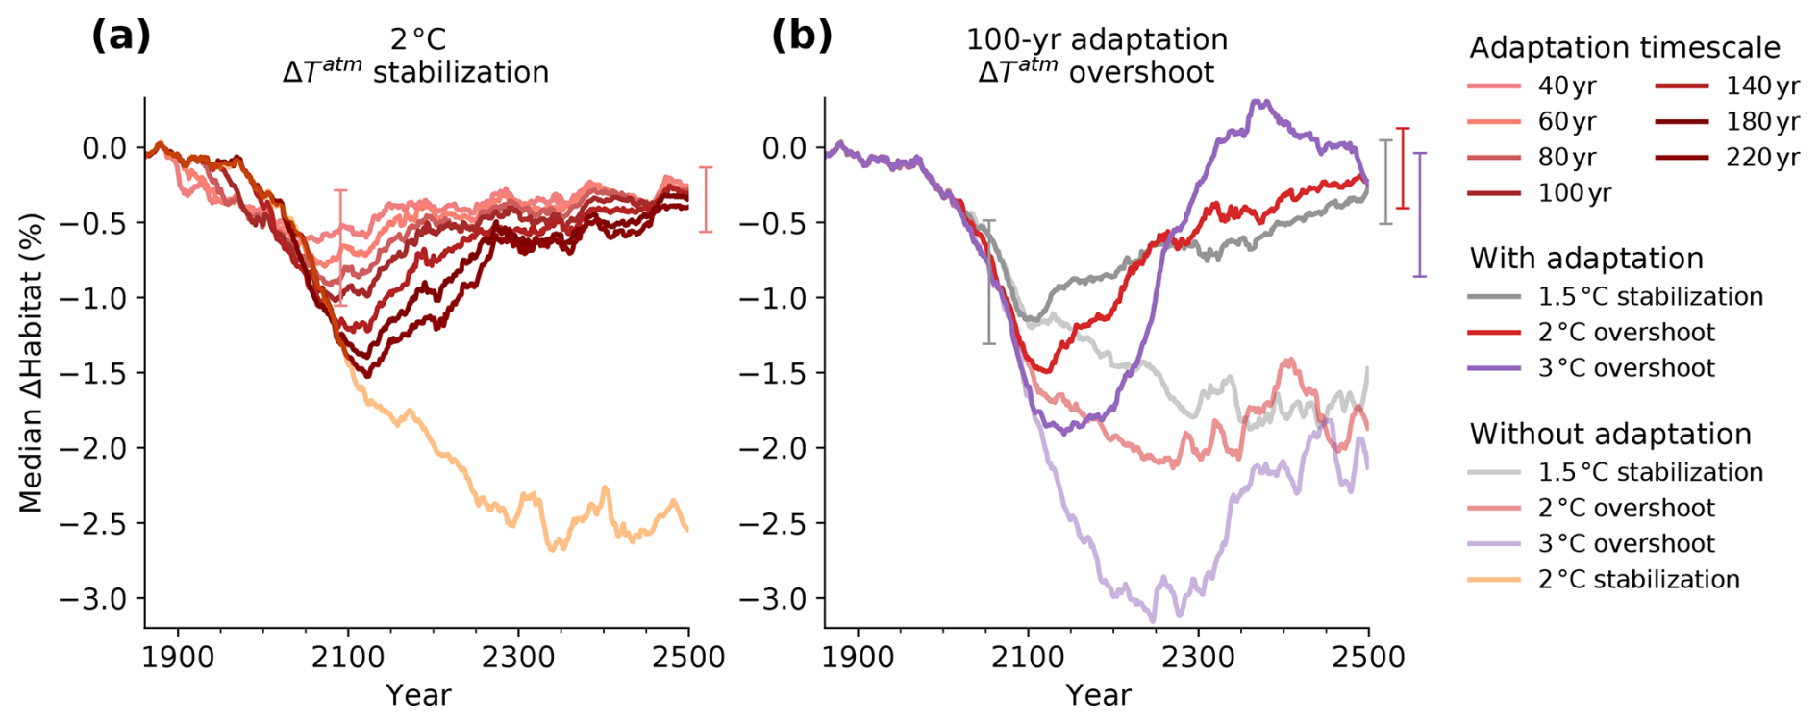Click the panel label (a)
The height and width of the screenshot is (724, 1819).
pyautogui.click(x=121, y=37)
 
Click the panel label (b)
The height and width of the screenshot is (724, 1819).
pyautogui.click(x=801, y=37)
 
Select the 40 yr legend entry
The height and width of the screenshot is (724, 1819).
pyautogui.click(x=1566, y=87)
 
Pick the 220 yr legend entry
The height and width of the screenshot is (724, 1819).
pyautogui.click(x=1762, y=158)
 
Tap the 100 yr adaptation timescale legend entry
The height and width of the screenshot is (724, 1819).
pyautogui.click(x=1574, y=193)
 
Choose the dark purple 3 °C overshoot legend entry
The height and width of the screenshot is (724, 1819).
pyautogui.click(x=1626, y=368)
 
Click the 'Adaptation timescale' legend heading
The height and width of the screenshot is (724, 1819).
pyautogui.click(x=1625, y=47)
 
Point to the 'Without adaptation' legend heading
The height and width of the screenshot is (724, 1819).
pyautogui.click(x=1610, y=435)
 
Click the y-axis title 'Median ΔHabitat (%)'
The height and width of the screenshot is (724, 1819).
pyautogui.click(x=31, y=362)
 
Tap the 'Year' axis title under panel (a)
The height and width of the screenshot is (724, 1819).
pyautogui.click(x=418, y=695)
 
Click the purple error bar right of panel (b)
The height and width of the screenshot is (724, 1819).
pyautogui.click(x=1419, y=214)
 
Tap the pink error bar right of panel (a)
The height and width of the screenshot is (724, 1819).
pyautogui.click(x=706, y=199)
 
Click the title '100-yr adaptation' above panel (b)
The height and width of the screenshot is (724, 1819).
pyautogui.click(x=1097, y=39)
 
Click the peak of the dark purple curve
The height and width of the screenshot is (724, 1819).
pyautogui.click(x=1260, y=101)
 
